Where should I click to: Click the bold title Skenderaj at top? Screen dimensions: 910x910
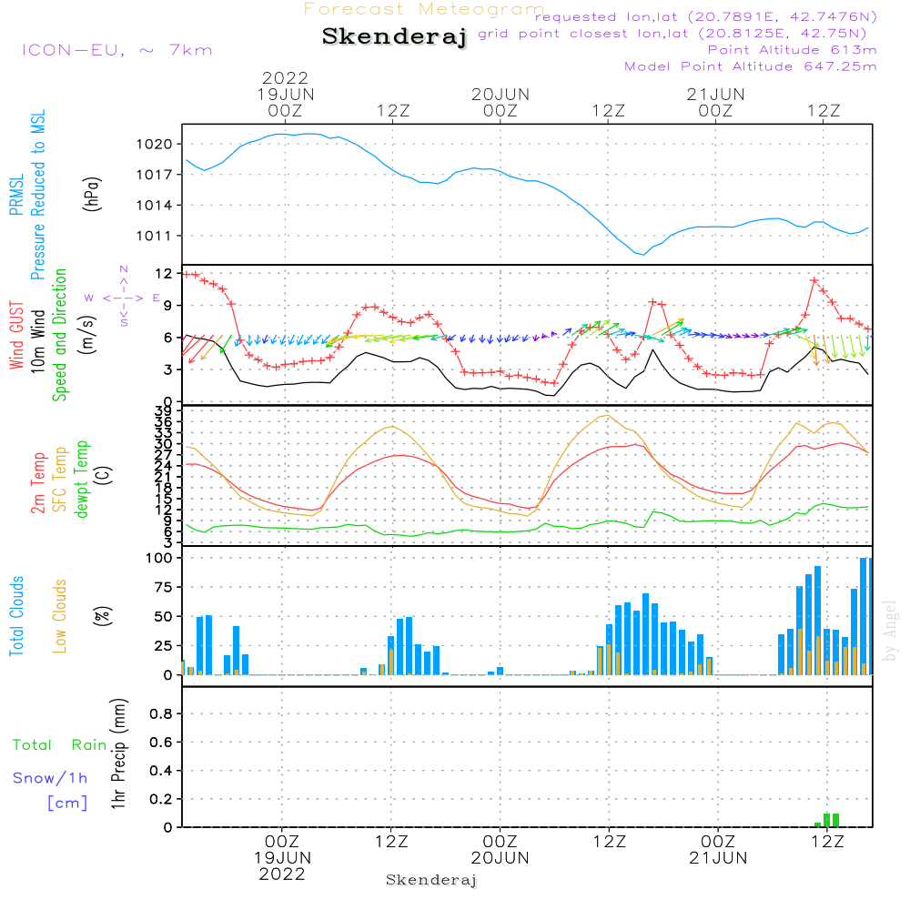[x=394, y=37]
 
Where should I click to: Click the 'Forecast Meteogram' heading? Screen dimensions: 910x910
[x=424, y=9]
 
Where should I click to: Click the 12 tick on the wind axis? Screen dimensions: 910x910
[x=164, y=273]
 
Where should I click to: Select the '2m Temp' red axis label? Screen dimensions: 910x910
[x=38, y=482]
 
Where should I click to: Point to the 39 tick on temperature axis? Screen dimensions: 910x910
[x=164, y=411]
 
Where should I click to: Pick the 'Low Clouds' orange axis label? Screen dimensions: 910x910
[x=60, y=615]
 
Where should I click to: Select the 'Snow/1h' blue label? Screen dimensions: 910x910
[x=50, y=778]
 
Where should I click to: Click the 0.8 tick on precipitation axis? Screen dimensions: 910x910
[x=160, y=713]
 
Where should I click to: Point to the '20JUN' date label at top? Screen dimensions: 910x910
[x=500, y=94]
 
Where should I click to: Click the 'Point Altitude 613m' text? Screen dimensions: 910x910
[x=792, y=49]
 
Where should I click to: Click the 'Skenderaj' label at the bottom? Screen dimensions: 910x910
[x=431, y=880]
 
